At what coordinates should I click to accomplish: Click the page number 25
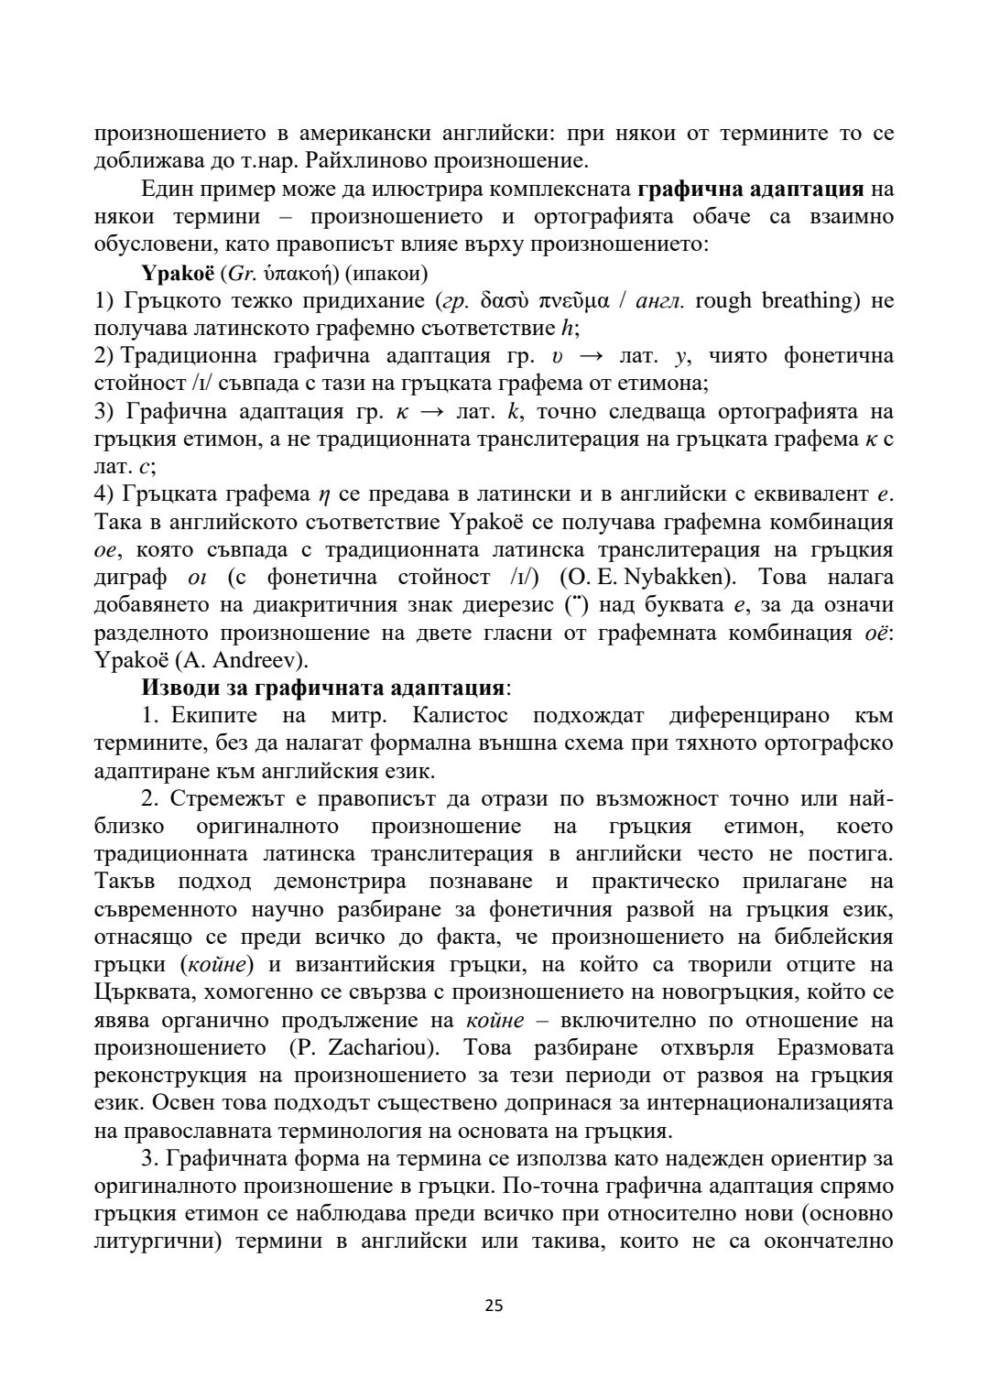pos(494,1306)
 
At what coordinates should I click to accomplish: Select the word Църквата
pos(144,992)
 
